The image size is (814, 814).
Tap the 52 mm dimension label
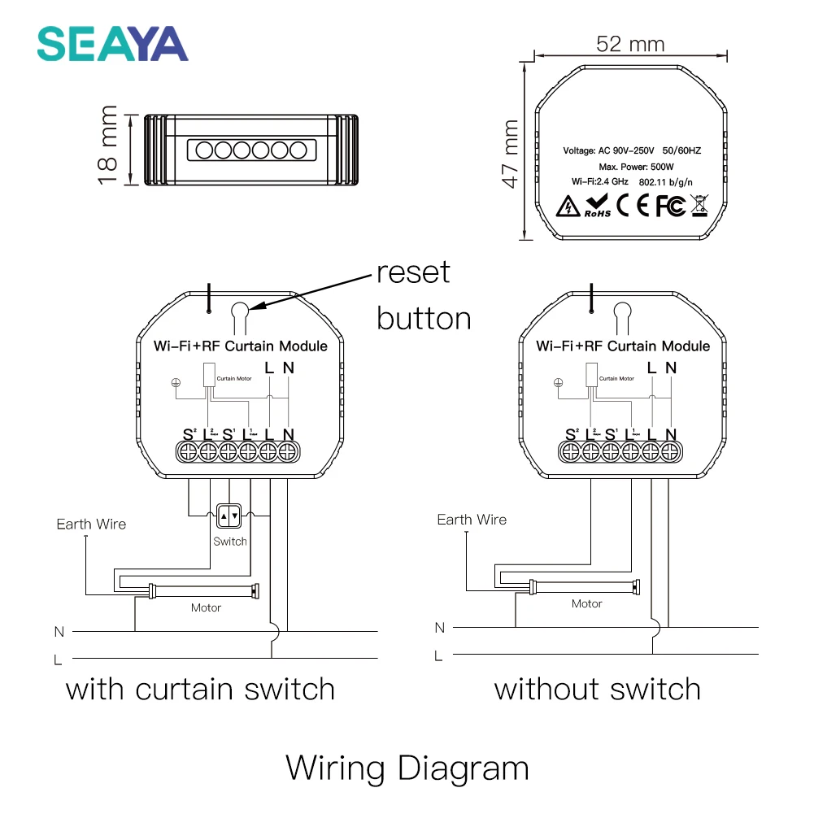pyautogui.click(x=629, y=43)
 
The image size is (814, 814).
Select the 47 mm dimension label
pyautogui.click(x=510, y=154)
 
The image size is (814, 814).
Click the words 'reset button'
pyautogui.click(x=423, y=294)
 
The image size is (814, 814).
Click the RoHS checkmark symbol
pyautogui.click(x=597, y=207)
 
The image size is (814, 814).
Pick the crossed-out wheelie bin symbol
pyautogui.click(x=699, y=206)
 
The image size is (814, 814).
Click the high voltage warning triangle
pyautogui.click(x=565, y=207)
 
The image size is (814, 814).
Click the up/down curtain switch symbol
pyautogui.click(x=229, y=515)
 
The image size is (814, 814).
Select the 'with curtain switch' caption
pyautogui.click(x=200, y=690)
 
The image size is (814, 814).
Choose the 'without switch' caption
pyautogui.click(x=597, y=690)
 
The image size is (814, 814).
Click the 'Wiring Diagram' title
pyautogui.click(x=407, y=768)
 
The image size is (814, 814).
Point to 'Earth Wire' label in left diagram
pyautogui.click(x=91, y=525)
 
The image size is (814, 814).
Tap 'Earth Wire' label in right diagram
pyautogui.click(x=472, y=520)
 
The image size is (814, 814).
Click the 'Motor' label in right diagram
pyautogui.click(x=586, y=603)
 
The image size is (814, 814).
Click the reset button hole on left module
pyautogui.click(x=240, y=310)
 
